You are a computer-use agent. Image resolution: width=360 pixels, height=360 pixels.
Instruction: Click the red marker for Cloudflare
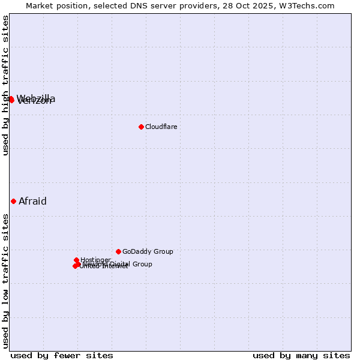coord(141,127)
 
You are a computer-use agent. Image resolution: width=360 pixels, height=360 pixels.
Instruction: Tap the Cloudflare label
coord(161,127)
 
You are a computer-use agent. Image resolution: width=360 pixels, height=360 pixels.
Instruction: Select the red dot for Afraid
coord(13,202)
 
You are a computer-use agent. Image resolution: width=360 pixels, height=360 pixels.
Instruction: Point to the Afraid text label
coord(32,202)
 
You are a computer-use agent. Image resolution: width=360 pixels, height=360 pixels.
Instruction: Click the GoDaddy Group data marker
coord(118,251)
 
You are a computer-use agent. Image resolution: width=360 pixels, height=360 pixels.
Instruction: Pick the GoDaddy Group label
coord(148,251)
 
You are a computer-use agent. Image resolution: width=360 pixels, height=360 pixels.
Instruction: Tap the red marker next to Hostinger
coord(76,260)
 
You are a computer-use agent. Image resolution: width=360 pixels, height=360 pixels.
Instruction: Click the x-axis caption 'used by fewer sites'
coord(61,355)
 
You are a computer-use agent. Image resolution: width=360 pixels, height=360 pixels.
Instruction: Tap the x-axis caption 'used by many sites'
coord(301,355)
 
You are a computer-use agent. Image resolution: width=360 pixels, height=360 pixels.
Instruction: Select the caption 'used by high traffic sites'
coord(5,85)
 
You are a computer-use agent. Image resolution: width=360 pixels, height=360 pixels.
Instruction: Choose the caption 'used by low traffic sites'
coord(5,280)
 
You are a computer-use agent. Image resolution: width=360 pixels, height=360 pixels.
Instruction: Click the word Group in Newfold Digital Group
coord(142,264)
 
